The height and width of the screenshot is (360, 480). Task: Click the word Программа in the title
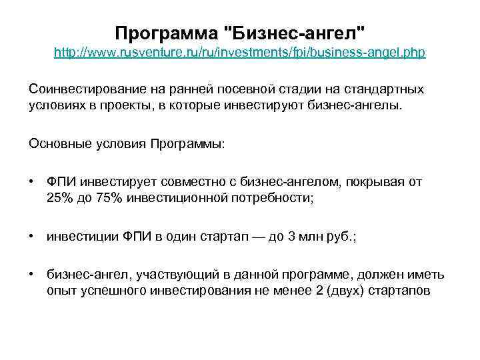[x=167, y=33]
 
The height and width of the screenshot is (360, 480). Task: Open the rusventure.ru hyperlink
[x=239, y=53]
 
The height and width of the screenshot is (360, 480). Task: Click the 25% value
[x=59, y=198]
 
